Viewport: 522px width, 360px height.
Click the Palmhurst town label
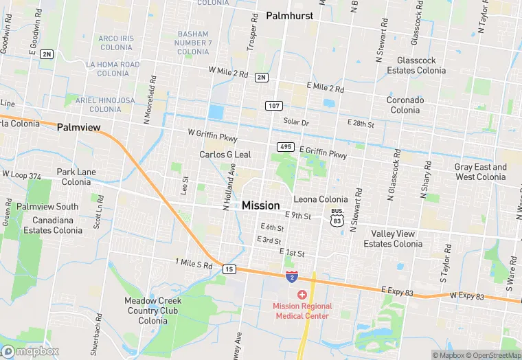(289, 15)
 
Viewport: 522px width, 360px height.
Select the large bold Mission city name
(261, 205)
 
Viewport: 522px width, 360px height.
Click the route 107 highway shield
(273, 105)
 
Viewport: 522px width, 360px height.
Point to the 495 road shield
(286, 147)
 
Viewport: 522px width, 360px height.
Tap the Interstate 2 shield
(292, 276)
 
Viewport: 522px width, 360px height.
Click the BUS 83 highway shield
(337, 216)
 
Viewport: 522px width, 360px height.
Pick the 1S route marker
(229, 269)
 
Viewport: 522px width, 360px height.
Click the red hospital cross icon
(302, 294)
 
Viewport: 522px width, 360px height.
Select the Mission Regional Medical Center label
(302, 311)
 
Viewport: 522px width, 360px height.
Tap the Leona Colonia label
(321, 199)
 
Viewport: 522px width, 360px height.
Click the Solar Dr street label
(297, 122)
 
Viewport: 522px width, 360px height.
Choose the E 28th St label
(360, 125)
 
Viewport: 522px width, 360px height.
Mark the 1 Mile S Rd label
(194, 263)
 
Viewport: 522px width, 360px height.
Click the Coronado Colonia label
(405, 105)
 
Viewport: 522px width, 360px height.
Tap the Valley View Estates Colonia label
(393, 239)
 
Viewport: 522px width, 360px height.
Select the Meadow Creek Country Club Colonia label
(152, 311)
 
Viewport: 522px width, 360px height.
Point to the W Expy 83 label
(467, 297)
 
